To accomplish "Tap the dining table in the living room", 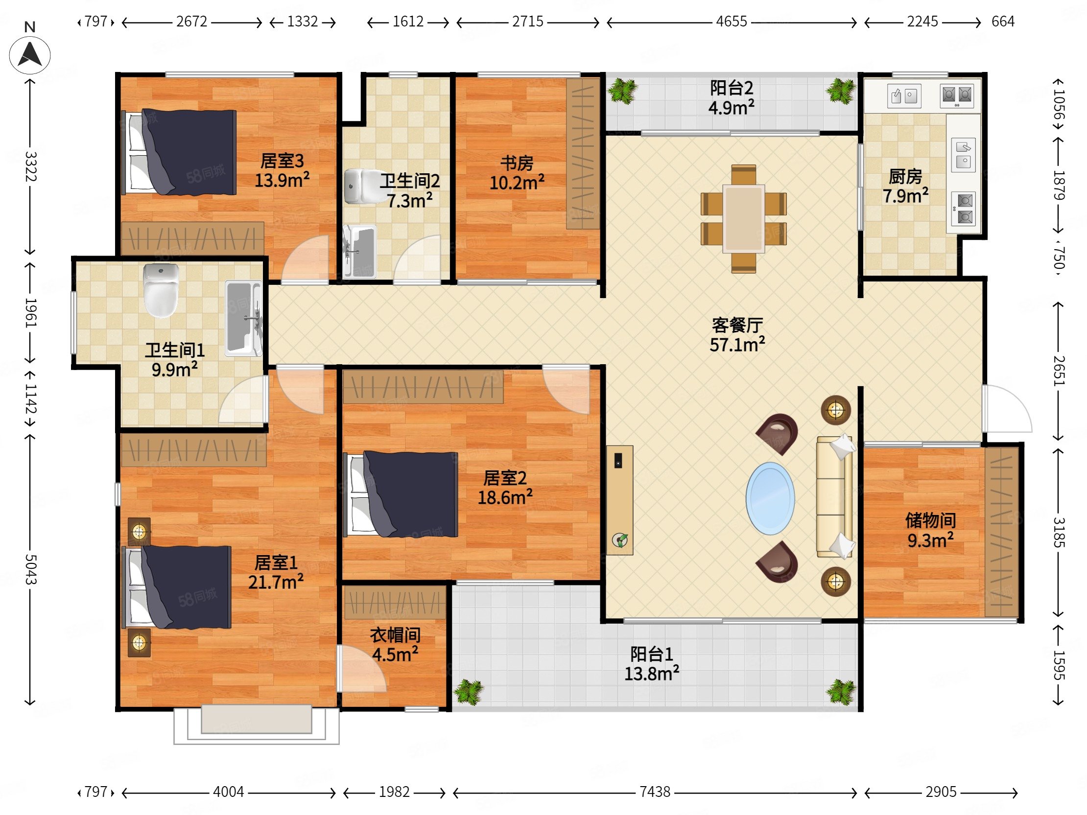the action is (743, 219).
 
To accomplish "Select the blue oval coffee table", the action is (770, 498).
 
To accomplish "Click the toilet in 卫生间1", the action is (161, 291).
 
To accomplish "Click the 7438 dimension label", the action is (655, 792).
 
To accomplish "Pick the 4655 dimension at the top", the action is (731, 22).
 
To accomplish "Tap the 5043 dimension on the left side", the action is (30, 569).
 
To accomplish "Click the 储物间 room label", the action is (930, 520).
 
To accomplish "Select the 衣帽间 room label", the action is (395, 635).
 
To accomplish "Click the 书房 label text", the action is (517, 163).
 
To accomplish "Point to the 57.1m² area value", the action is (737, 345).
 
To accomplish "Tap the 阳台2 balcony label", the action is (731, 88).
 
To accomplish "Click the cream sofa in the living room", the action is (834, 497).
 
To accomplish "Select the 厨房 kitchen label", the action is (905, 176).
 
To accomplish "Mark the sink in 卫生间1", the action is (243, 318).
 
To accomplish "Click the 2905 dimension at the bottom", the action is (941, 792).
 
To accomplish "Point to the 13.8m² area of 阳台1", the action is (652, 673).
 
